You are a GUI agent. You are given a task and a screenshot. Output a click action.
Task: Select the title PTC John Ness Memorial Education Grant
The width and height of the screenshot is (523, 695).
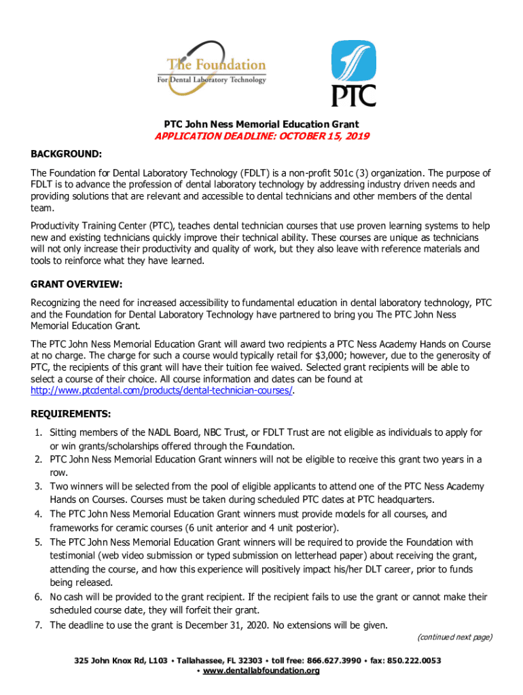[x=261, y=124]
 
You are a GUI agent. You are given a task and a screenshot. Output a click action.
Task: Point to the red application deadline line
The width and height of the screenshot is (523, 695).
[x=261, y=136]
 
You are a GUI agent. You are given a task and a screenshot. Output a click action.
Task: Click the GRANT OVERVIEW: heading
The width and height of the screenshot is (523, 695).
[x=77, y=284]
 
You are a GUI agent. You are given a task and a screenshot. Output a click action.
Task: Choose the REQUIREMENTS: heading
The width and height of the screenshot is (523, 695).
[x=72, y=413]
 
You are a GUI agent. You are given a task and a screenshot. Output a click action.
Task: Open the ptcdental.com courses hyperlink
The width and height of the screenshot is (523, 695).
[x=162, y=390]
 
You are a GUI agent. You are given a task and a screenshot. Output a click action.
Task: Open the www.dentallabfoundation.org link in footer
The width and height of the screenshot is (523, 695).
[x=261, y=671]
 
